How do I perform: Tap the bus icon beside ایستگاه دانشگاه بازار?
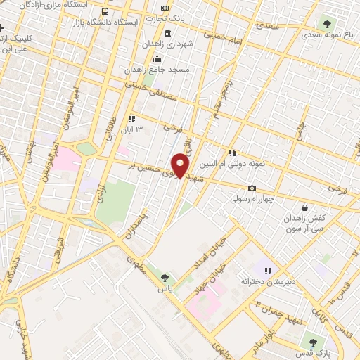(105, 12)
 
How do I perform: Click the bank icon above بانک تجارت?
(165, 8)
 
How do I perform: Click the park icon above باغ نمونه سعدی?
(326, 21)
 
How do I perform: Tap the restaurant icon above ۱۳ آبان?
(131, 119)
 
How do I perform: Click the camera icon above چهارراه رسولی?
(252, 188)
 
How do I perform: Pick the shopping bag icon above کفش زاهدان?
(304, 207)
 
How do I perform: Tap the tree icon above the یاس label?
(165, 278)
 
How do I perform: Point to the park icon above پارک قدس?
(313, 342)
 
